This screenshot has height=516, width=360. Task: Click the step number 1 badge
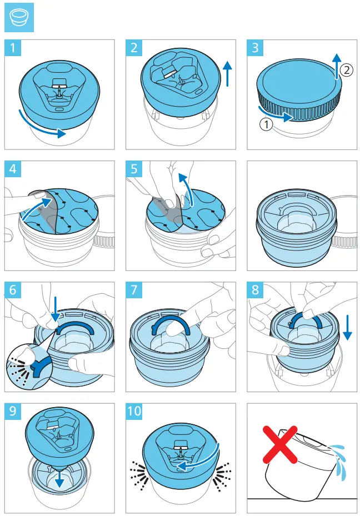pos(13,48)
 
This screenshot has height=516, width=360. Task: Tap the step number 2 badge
pos(134,48)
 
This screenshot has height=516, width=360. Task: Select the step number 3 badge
pos(255,48)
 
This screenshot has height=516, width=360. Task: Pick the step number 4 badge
pos(13,169)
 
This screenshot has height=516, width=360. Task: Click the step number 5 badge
pos(134,169)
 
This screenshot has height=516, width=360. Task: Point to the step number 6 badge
pos(13,290)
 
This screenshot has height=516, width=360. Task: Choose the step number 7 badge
pos(134,290)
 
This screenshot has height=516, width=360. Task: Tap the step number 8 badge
pos(255,290)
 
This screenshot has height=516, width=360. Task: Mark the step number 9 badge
pos(13,412)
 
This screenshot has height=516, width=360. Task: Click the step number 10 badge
pos(135,412)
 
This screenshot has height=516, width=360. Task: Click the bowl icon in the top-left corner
pos(18,19)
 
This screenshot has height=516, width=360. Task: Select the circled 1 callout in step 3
pos(266,124)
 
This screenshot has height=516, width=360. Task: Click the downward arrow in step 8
pos(348,328)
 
